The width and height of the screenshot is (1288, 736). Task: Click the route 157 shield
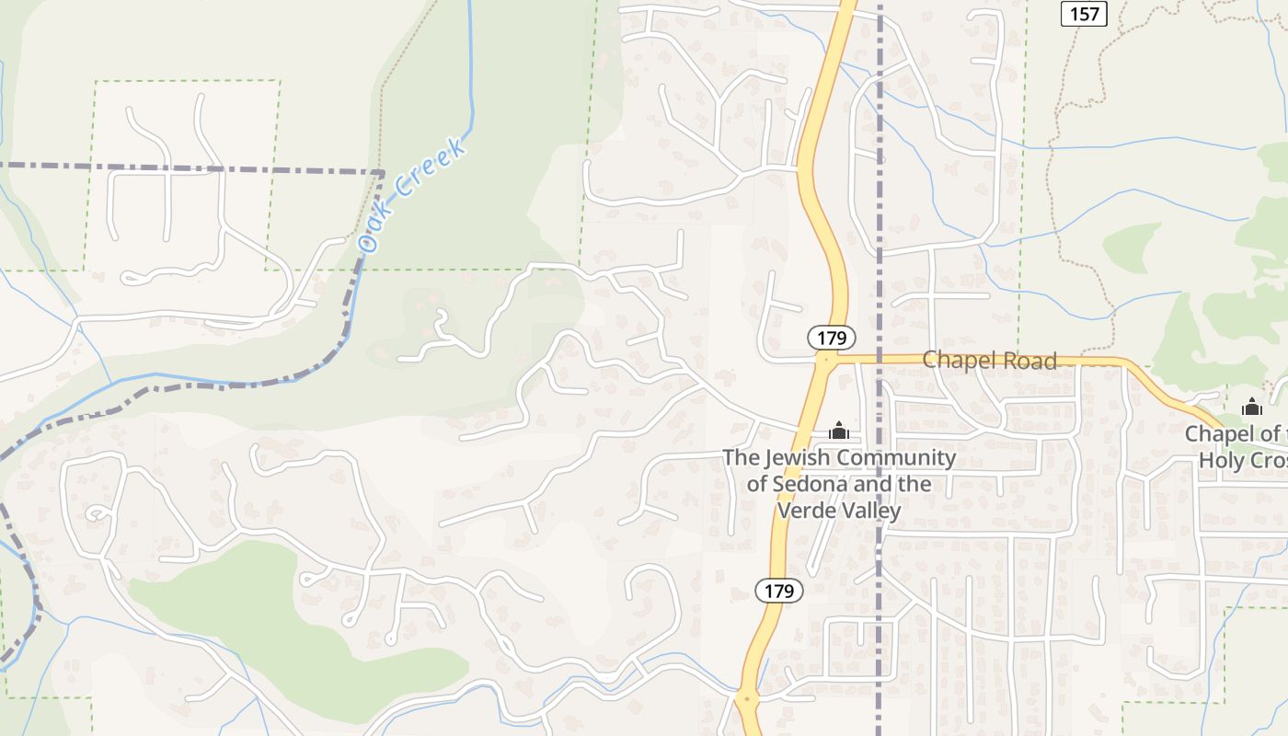click(1084, 14)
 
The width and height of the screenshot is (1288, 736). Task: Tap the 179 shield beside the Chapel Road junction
click(832, 338)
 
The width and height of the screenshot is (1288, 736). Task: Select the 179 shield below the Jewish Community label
click(779, 591)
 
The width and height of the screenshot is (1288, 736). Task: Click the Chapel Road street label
click(989, 361)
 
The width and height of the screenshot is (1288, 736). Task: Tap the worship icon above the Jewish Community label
click(838, 431)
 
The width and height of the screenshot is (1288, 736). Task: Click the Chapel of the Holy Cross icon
click(1251, 407)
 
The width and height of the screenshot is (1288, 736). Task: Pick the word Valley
click(873, 510)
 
